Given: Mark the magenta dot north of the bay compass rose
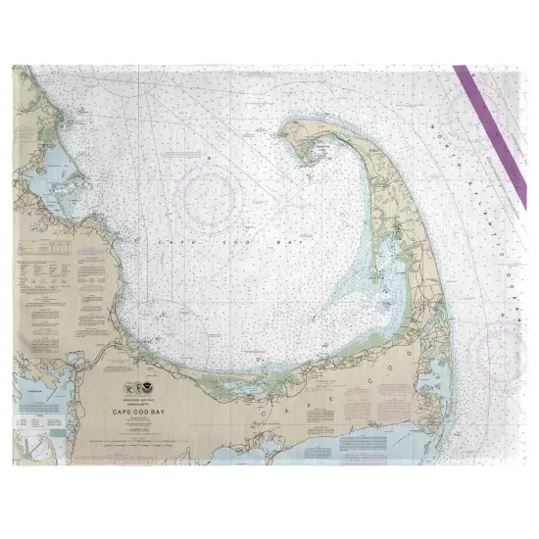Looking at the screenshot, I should (x=208, y=157).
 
